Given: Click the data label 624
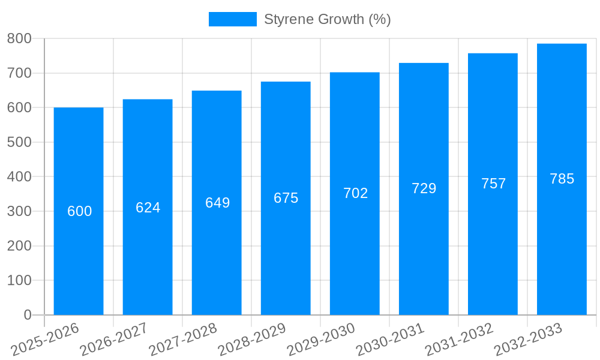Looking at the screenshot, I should [x=148, y=208].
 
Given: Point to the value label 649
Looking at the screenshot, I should [x=217, y=203].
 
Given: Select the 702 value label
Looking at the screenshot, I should [x=355, y=193].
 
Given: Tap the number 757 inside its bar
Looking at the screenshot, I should [x=493, y=184].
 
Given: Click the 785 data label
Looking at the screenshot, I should [x=562, y=179].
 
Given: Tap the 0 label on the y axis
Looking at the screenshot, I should [x=28, y=315].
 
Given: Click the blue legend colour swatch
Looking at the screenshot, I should [x=232, y=19].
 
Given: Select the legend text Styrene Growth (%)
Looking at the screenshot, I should [x=327, y=19].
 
